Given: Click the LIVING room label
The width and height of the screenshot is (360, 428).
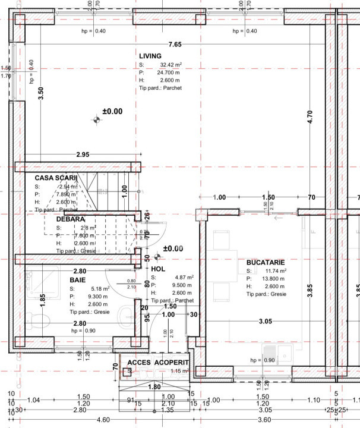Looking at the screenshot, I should coord(150,56).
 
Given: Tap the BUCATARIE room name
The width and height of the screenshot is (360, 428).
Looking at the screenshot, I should coord(266,262).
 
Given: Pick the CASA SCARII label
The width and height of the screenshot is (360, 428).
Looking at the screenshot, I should coord(56,178).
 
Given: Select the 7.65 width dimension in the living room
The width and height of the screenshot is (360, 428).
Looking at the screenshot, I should coord(175,45).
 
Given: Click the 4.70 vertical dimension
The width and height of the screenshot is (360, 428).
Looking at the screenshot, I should coord(310,117).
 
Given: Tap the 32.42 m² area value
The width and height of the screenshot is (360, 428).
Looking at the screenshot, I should coord(169,64).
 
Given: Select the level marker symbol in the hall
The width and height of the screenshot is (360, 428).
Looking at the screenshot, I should coord(157,256).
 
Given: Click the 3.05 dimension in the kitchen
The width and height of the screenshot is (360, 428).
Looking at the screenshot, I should coord(265,322).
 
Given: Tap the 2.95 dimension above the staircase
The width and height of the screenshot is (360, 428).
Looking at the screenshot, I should coord(83,155).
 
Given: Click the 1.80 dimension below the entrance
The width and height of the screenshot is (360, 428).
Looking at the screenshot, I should coord(154,387).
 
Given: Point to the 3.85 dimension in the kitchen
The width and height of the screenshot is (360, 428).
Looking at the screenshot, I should coord(310,290).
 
